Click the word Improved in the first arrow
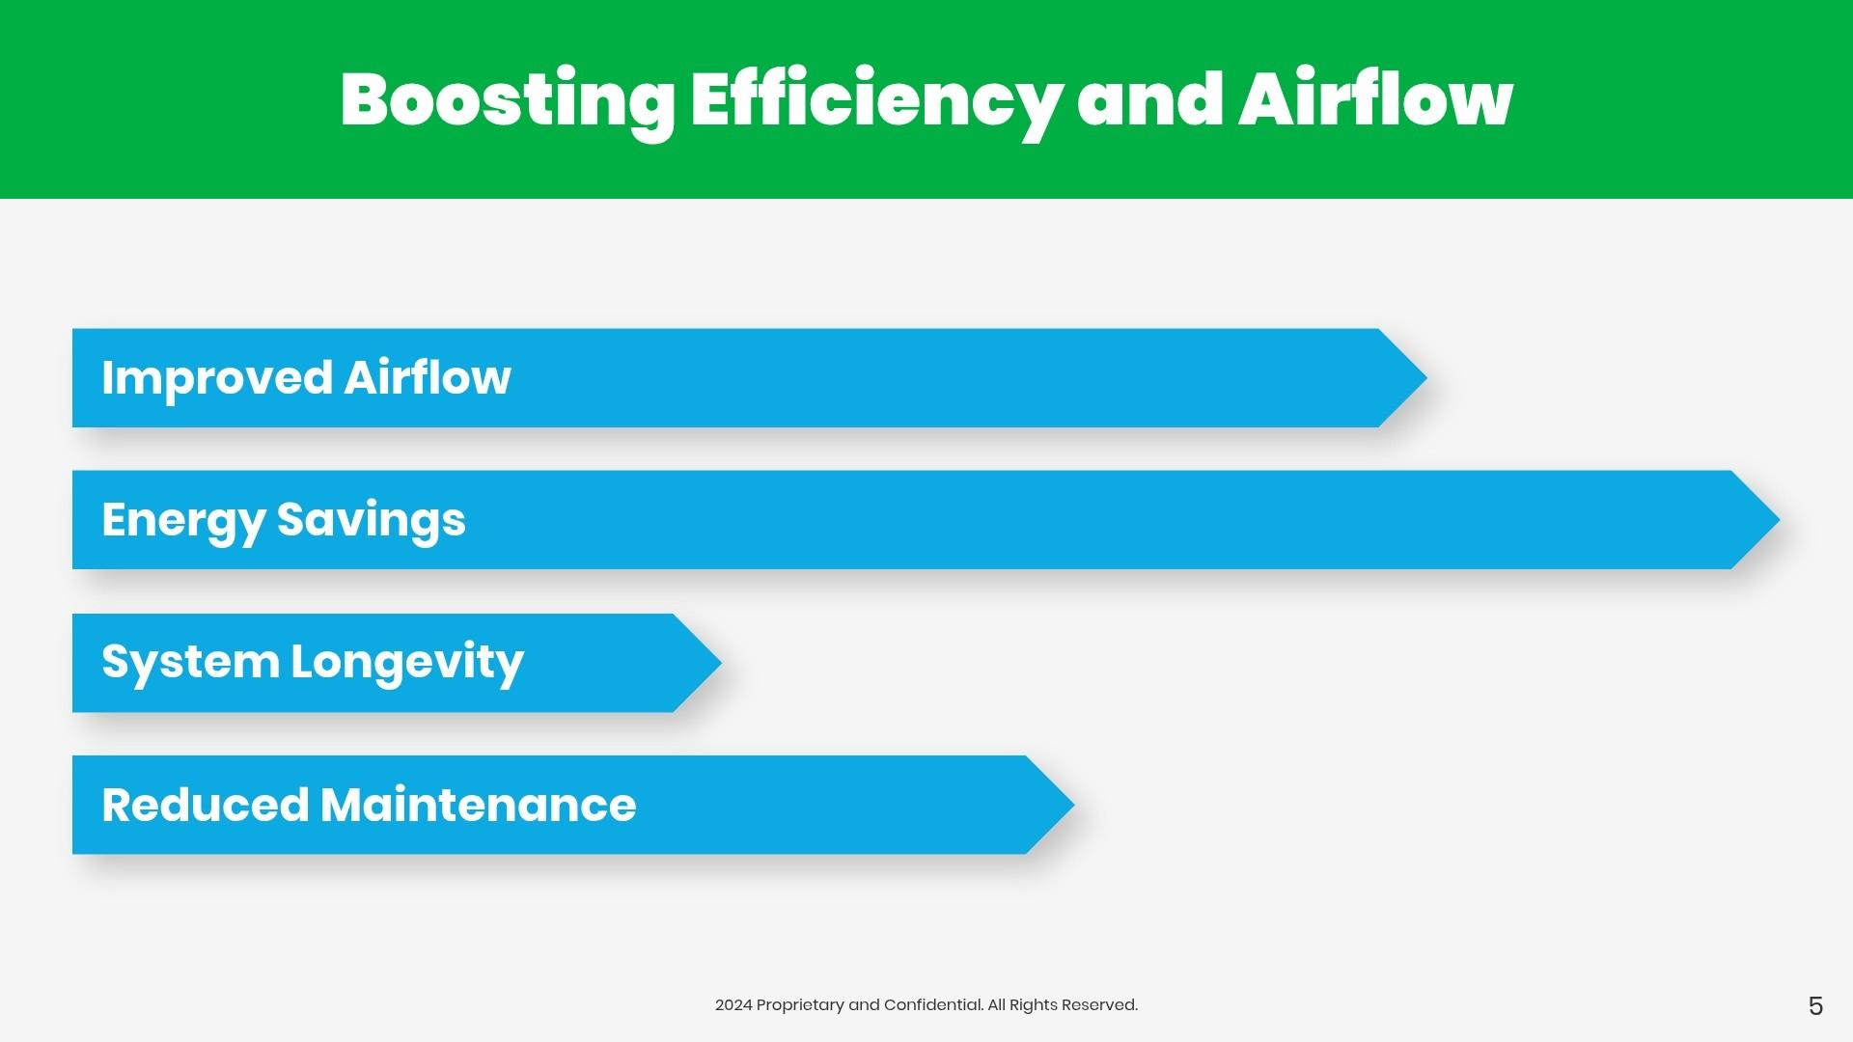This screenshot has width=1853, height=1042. coord(217,378)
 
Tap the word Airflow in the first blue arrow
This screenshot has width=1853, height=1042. coord(428,376)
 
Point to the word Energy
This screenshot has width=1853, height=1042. coord(183,521)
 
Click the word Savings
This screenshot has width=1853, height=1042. coord(372,521)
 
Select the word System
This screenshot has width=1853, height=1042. coord(190,663)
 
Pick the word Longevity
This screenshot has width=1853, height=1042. coord(407,663)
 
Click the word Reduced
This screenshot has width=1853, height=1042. coord(205,806)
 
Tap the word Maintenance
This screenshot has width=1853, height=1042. coord(479,806)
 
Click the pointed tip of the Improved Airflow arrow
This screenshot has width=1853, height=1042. coord(1426,378)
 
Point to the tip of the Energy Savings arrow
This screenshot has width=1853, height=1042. coord(1779,520)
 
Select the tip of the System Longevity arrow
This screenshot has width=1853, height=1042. coord(721,663)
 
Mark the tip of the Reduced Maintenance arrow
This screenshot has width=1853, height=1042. coord(1073,805)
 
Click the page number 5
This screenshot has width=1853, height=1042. coord(1815,1006)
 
